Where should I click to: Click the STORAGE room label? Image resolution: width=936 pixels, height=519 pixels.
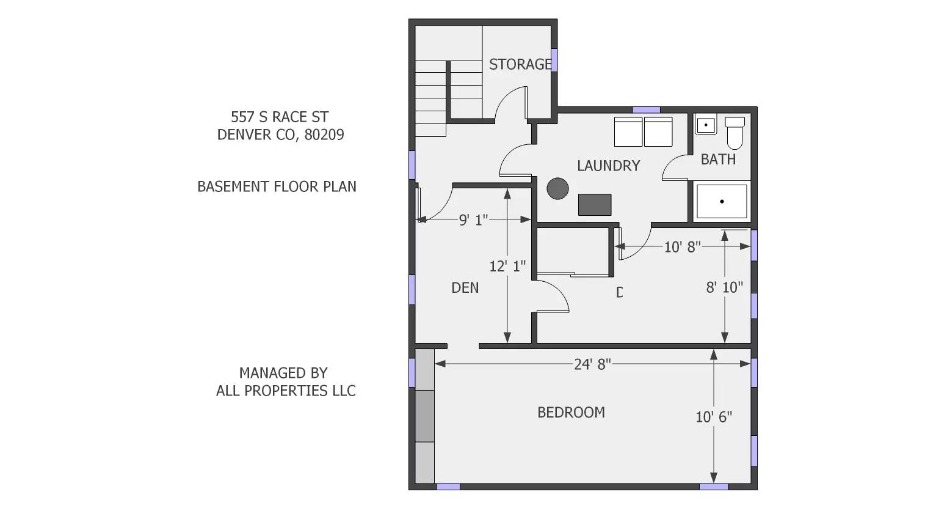point(520,64)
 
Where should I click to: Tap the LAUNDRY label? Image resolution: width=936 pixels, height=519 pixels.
point(608,166)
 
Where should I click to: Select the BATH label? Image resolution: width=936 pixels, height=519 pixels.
point(718,160)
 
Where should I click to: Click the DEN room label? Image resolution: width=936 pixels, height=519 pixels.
point(465,288)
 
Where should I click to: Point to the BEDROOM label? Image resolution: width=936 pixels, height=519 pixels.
point(571,413)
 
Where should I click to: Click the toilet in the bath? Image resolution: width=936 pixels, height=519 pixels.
point(735,132)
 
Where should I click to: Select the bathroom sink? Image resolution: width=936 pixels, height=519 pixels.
point(706,125)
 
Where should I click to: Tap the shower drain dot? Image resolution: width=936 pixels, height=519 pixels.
point(722,201)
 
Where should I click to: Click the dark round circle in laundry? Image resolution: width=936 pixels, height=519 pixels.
point(557,188)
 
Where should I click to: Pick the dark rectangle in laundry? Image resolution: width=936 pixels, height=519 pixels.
point(595,205)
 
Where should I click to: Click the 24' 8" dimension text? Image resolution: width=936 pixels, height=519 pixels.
point(592,364)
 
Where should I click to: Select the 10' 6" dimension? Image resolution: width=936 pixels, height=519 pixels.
point(714,417)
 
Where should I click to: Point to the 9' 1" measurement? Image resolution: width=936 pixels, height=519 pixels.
point(473,220)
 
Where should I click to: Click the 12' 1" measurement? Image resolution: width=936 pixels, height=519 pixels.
point(507,267)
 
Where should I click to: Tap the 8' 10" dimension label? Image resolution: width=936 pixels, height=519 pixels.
point(724,287)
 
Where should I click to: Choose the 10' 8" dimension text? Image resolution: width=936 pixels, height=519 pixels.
point(682,247)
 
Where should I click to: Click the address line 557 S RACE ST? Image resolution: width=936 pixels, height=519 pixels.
point(280,117)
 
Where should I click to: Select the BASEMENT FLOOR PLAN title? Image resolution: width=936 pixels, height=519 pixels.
point(277,186)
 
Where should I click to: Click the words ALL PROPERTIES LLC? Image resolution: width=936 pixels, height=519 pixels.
point(286,391)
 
